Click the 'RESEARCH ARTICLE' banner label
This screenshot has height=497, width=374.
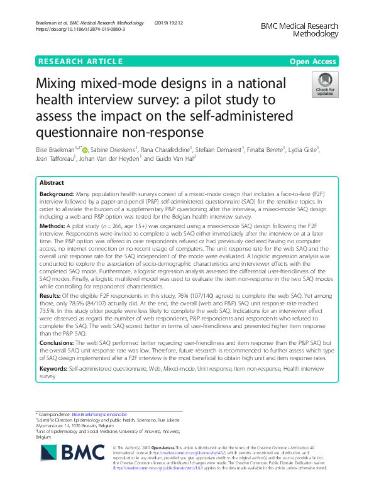click(x=80, y=61)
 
